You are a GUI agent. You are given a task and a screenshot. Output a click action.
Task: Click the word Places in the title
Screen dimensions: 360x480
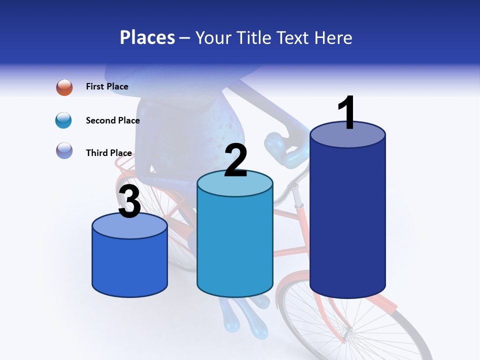click(147, 37)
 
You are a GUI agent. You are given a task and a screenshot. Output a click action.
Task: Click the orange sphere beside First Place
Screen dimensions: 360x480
click(64, 87)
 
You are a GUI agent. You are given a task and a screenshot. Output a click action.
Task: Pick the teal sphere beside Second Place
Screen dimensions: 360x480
click(64, 120)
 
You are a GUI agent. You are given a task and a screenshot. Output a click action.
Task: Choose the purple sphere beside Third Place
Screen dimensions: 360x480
click(64, 150)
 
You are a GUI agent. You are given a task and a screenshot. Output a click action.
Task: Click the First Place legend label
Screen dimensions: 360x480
click(107, 86)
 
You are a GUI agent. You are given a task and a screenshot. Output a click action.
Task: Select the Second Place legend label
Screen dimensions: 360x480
click(112, 120)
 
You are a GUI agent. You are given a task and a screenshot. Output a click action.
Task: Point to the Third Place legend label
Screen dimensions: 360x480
click(108, 153)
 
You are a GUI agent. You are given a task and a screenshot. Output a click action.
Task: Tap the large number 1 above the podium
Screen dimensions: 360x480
click(347, 112)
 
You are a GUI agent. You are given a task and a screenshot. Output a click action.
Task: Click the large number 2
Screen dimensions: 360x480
click(235, 160)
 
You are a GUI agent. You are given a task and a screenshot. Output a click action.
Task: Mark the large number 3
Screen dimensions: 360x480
click(129, 201)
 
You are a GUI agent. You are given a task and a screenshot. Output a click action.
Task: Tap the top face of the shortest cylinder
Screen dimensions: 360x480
click(129, 226)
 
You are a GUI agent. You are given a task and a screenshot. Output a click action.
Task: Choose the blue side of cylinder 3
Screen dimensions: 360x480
click(129, 265)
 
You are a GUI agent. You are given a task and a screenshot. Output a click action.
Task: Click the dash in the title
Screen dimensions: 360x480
click(185, 38)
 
